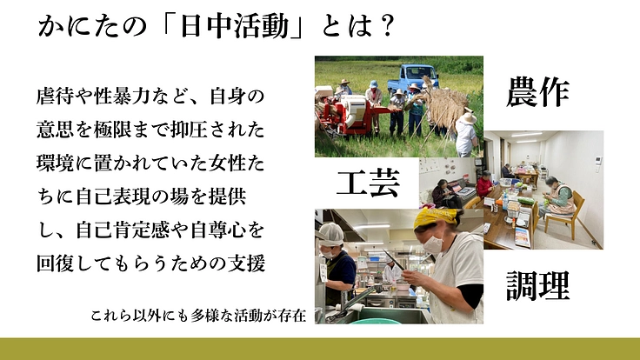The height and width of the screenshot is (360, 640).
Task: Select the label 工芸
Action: click(367, 183)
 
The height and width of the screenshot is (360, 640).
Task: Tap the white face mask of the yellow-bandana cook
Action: click(432, 244)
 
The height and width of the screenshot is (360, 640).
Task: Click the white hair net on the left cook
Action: click(330, 231)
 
